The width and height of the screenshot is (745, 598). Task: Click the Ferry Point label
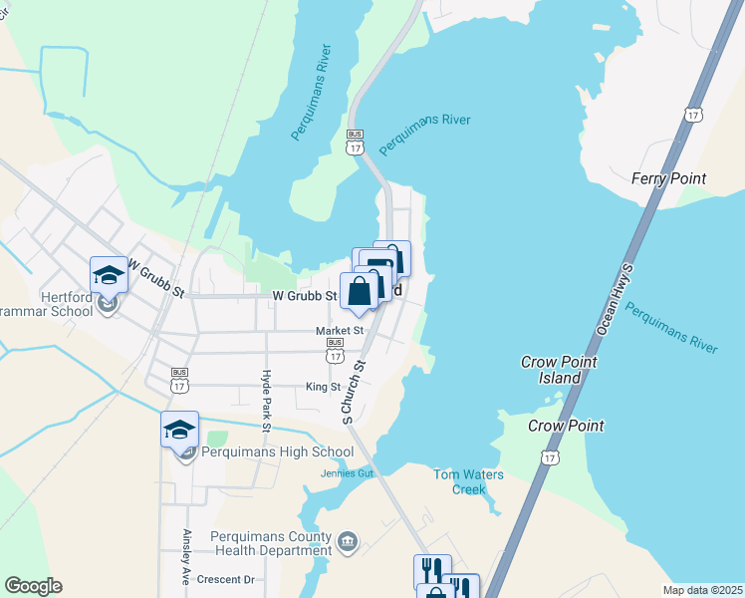point(668,178)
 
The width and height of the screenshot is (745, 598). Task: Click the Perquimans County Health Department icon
point(347,543)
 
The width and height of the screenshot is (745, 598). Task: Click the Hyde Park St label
point(266,400)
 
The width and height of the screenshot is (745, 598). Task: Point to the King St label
point(323,387)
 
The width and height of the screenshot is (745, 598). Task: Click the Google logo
point(33,586)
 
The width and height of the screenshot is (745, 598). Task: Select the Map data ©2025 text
point(701,590)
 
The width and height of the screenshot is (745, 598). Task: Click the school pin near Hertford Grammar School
point(109,274)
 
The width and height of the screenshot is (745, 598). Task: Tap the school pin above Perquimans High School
point(179,429)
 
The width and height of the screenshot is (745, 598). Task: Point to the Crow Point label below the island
point(566,426)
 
